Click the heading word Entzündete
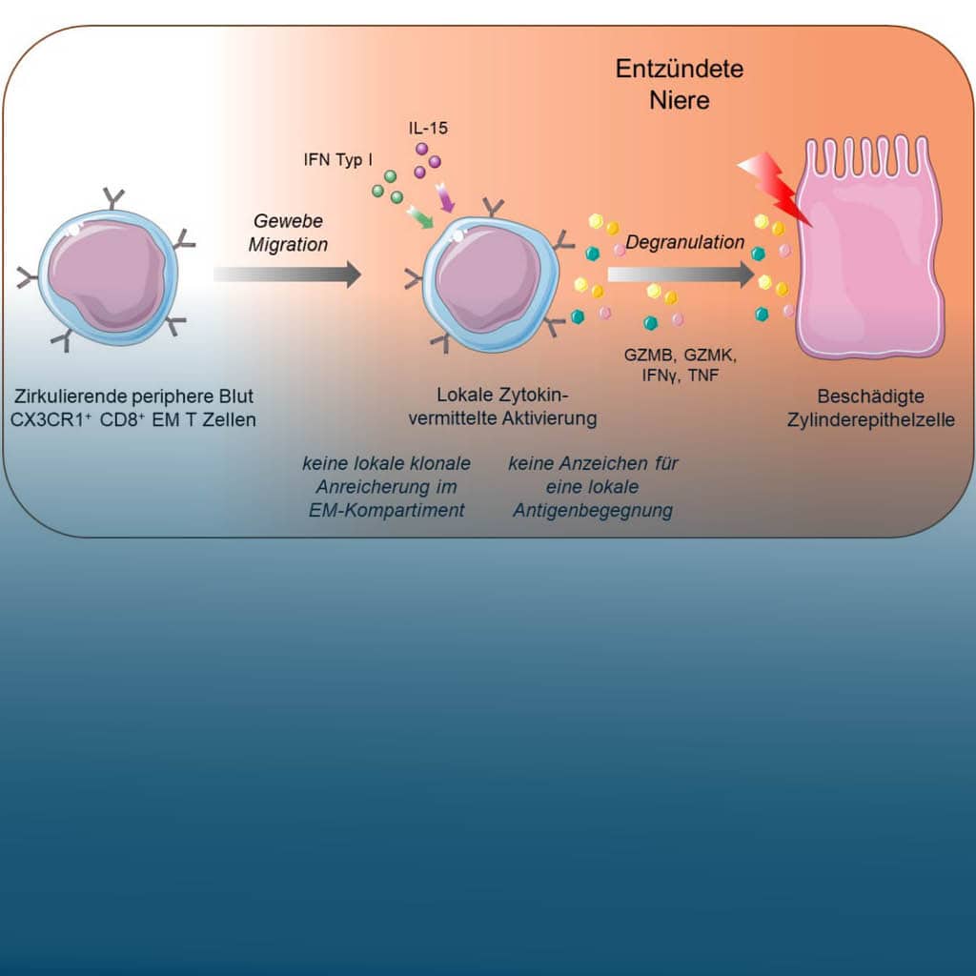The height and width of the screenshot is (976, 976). [679, 69]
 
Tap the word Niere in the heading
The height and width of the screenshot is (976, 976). [679, 100]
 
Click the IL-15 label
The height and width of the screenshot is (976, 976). [428, 129]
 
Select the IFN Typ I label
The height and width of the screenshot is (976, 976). [338, 160]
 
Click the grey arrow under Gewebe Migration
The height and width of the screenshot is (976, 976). [287, 274]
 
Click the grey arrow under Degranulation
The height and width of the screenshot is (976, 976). [681, 274]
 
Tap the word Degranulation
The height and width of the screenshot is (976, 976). [684, 242]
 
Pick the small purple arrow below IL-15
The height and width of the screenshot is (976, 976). [446, 197]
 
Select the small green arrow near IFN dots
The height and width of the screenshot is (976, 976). [420, 218]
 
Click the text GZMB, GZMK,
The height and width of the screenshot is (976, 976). [681, 356]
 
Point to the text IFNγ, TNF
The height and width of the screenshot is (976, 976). [681, 376]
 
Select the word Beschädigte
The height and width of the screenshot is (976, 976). [870, 396]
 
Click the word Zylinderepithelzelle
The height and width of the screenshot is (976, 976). [871, 419]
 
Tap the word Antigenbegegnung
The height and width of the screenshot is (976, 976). [593, 511]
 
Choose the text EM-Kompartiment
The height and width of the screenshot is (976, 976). [387, 511]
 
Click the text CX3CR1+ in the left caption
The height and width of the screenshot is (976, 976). [51, 419]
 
